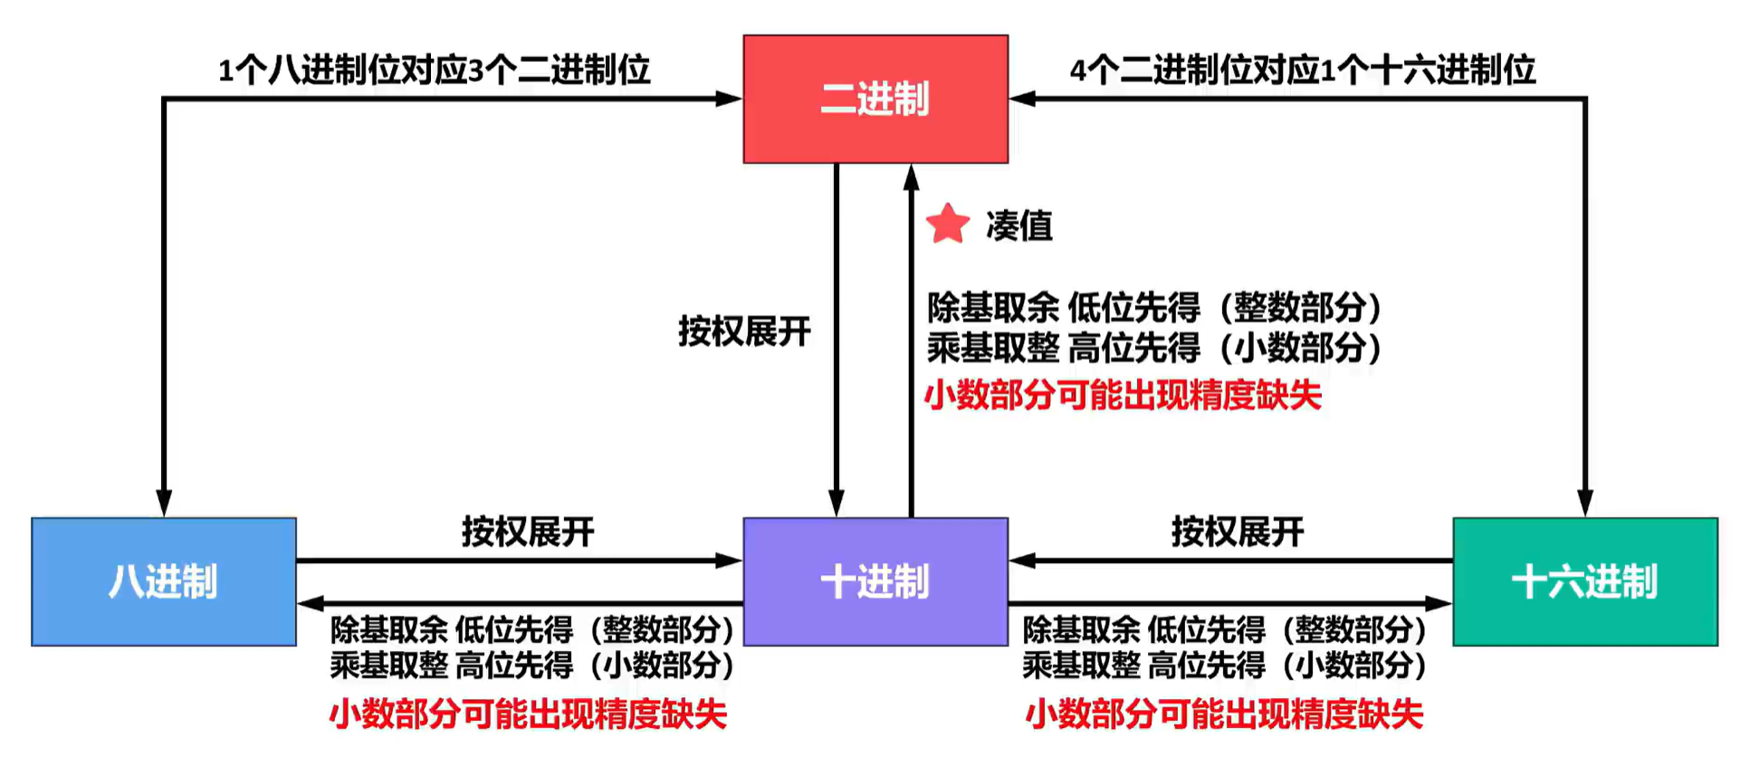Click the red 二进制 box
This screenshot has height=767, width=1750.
click(x=875, y=99)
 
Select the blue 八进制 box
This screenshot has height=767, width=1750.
click(x=164, y=581)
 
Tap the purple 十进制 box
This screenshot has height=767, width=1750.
click(x=875, y=581)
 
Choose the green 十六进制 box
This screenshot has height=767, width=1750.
click(x=1584, y=581)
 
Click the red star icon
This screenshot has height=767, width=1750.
click(x=948, y=224)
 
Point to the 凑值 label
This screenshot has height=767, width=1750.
click(x=1019, y=225)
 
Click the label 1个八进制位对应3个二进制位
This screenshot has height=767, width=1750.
click(x=435, y=70)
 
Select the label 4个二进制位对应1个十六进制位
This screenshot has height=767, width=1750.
click(x=1303, y=70)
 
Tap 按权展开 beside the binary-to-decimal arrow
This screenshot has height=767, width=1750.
click(x=744, y=331)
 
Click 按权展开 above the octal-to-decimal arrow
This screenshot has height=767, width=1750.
click(x=528, y=532)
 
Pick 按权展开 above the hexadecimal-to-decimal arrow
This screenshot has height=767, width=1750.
click(x=1238, y=532)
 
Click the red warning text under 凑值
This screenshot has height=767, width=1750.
click(x=1123, y=396)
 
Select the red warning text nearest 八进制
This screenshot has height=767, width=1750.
click(x=528, y=714)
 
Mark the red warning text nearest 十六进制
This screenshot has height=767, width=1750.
click(x=1224, y=714)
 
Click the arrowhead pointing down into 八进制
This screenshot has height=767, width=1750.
click(x=164, y=503)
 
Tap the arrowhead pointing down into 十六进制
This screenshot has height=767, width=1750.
click(x=1585, y=503)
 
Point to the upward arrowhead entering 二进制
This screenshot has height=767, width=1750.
click(x=912, y=177)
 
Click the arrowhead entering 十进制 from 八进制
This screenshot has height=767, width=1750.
click(x=729, y=561)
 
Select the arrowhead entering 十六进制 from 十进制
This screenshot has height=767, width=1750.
click(x=1439, y=603)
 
